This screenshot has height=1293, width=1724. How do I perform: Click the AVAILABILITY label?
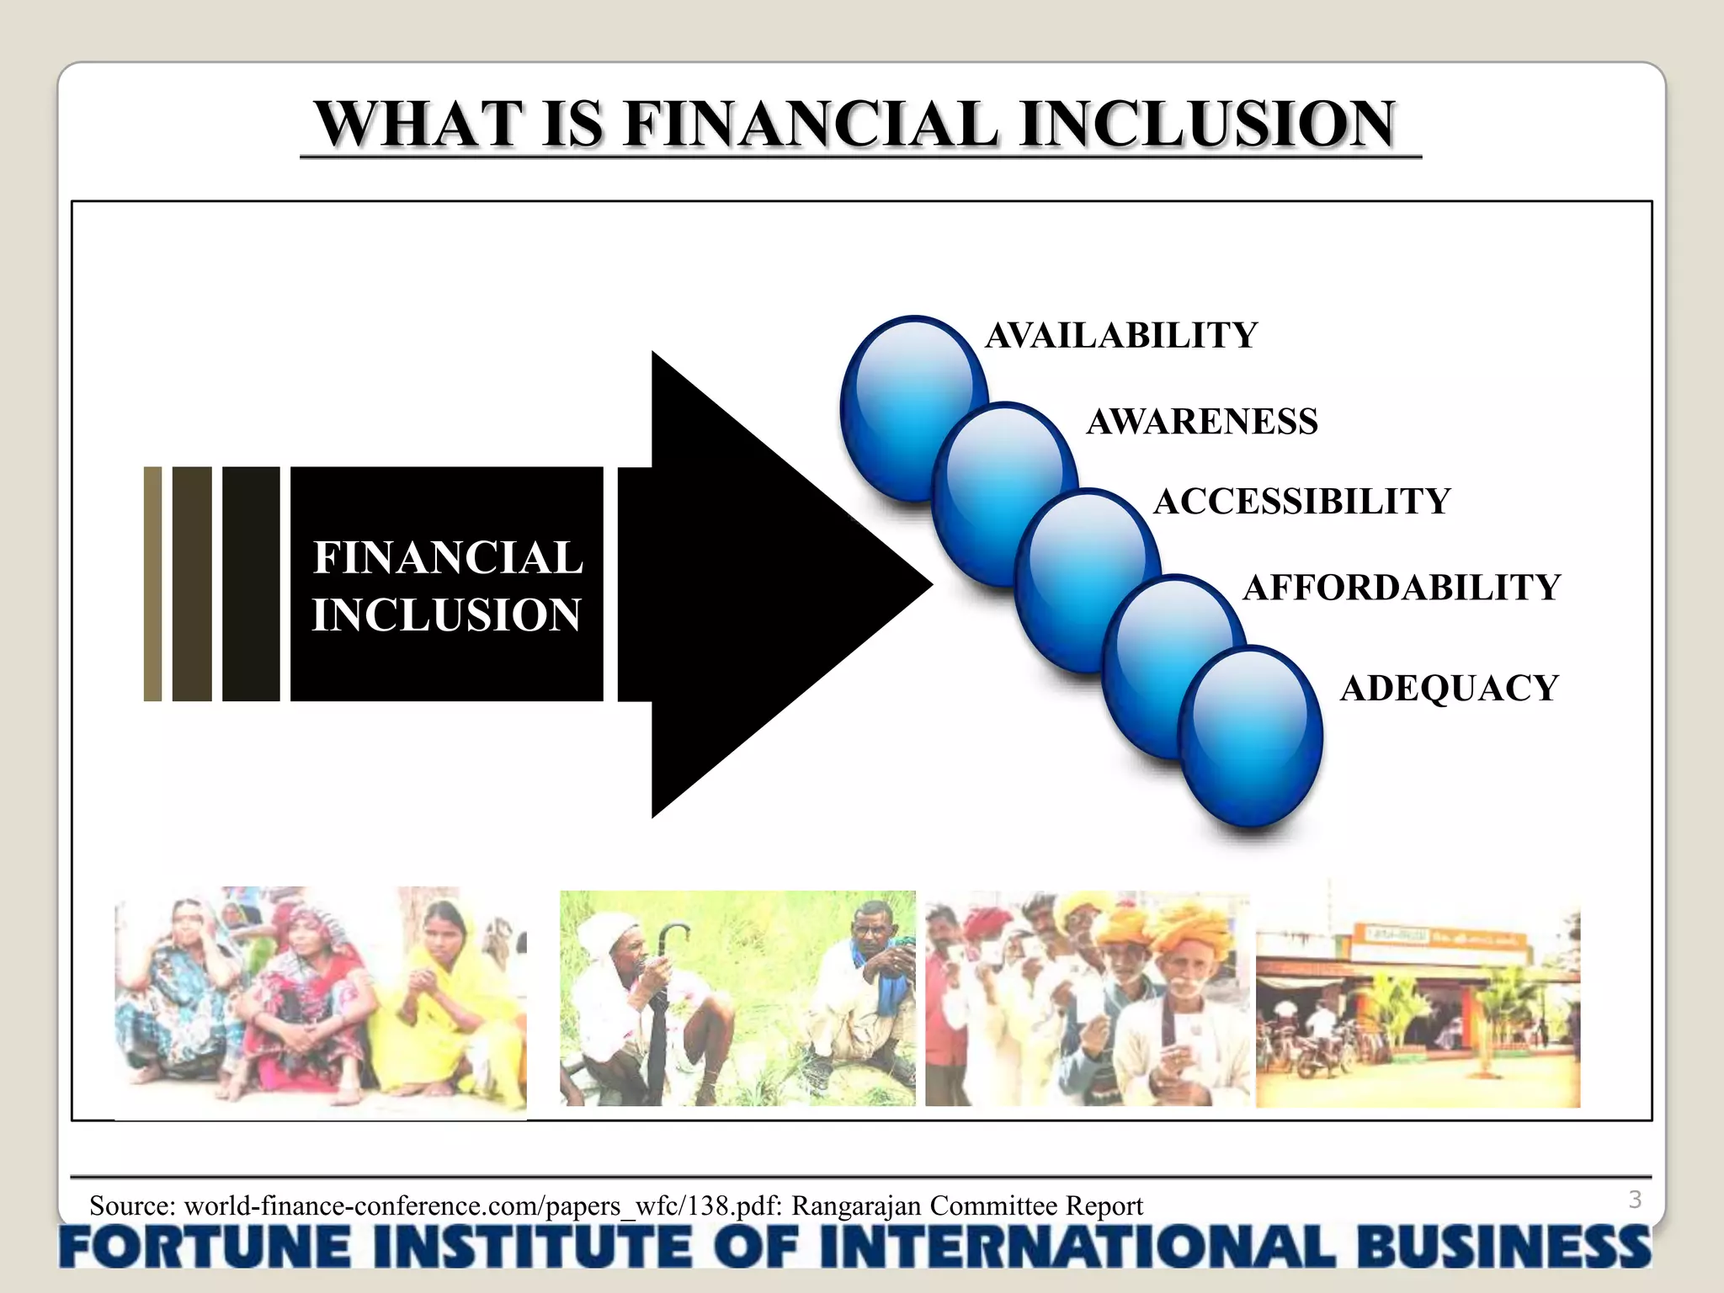(x=1120, y=335)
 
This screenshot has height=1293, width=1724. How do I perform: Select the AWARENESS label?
(x=1201, y=421)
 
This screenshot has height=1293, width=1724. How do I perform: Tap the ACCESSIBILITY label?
(x=1301, y=501)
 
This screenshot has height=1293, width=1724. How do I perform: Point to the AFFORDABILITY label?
(x=1402, y=587)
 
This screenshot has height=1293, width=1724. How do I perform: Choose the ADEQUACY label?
(x=1449, y=688)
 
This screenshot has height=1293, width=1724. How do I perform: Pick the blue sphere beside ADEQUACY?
(x=1251, y=737)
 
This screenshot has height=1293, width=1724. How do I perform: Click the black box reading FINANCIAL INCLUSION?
(x=447, y=584)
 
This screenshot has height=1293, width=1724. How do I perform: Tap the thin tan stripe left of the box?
(x=152, y=584)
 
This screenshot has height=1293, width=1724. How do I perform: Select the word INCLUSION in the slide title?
(x=1207, y=124)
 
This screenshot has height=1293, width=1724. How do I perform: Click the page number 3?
(x=1635, y=1199)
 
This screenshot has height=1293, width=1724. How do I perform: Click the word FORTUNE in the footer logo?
(x=205, y=1247)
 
